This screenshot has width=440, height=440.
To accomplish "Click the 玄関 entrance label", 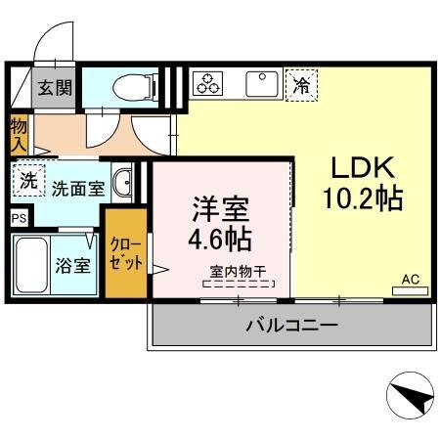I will (x=56, y=88).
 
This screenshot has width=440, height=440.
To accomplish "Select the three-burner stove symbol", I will (x=207, y=84).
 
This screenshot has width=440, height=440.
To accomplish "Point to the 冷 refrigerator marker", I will (x=302, y=85).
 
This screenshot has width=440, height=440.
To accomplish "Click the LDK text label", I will (x=362, y=165).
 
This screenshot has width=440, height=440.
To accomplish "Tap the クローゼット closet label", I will (x=126, y=253).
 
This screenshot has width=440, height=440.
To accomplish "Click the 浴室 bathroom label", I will (x=73, y=264).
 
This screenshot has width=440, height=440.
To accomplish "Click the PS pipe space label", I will (x=19, y=218).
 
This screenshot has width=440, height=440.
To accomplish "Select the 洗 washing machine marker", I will (x=29, y=182).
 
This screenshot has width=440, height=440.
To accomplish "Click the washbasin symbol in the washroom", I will (x=123, y=183).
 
